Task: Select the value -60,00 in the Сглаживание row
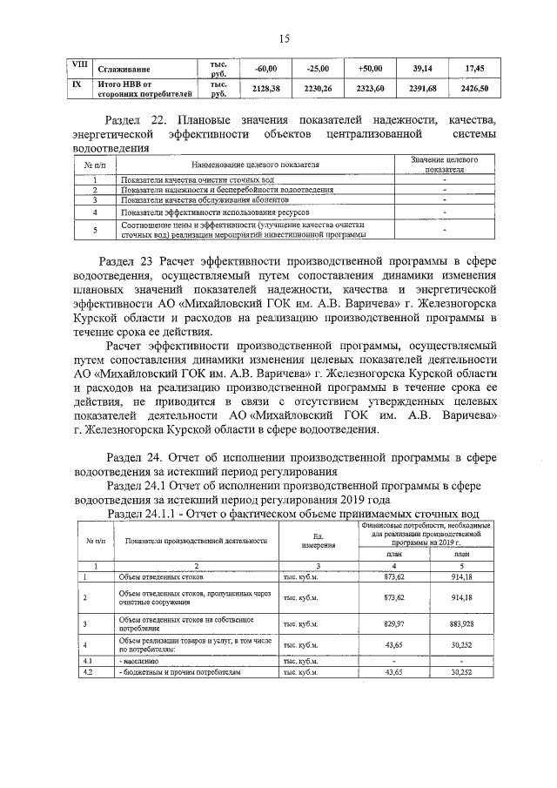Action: (265, 67)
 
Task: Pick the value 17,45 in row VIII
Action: (475, 67)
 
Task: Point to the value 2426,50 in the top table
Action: (475, 88)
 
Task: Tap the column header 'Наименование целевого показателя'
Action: (252, 164)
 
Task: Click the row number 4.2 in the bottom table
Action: (87, 672)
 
